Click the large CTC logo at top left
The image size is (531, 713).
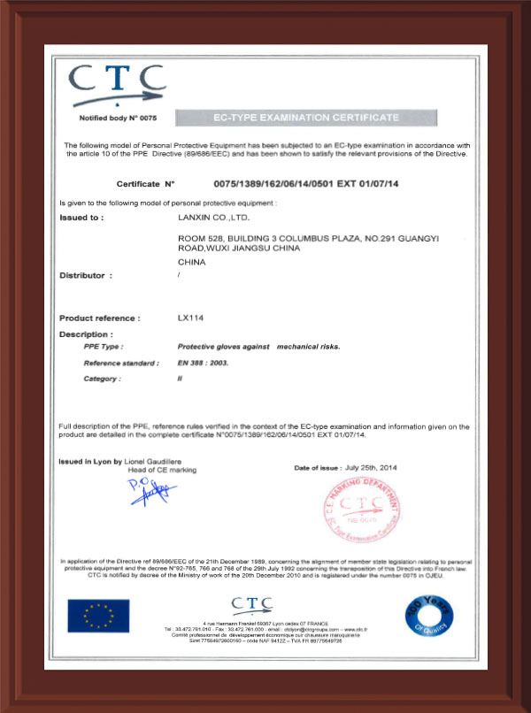pyautogui.click(x=116, y=85)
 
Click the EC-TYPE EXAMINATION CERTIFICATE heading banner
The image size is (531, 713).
pyautogui.click(x=306, y=118)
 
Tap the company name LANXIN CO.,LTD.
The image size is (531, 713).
pyautogui.click(x=214, y=216)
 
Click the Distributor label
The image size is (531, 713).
pyautogui.click(x=86, y=275)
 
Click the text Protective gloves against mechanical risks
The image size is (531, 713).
pyautogui.click(x=253, y=348)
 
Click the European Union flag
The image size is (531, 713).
pyautogui.click(x=98, y=615)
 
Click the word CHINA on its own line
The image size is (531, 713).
pyautogui.click(x=192, y=262)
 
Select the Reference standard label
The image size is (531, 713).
pyautogui.click(x=121, y=363)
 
